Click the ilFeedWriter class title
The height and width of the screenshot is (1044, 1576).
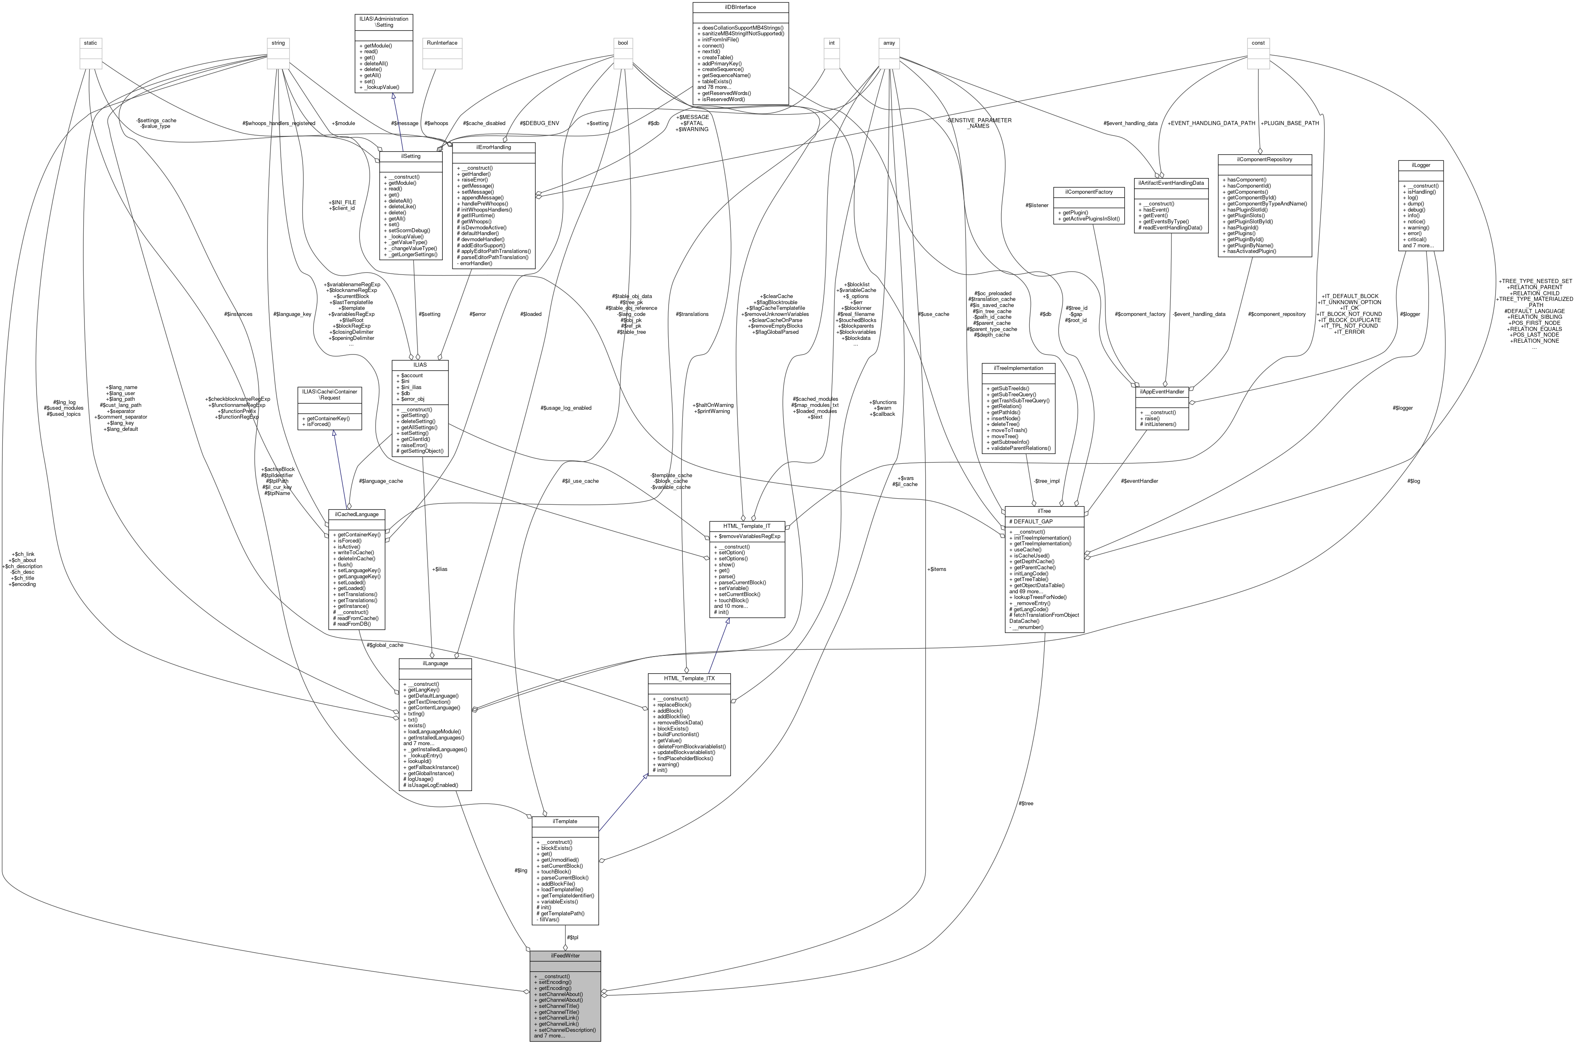tap(565, 955)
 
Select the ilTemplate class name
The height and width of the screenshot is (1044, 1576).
tap(565, 821)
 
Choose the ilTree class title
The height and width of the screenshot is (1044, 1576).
tap(1044, 511)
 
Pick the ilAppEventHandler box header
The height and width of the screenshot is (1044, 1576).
tap(1161, 391)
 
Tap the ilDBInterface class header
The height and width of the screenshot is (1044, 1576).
tap(740, 6)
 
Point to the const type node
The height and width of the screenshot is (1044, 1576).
tap(1258, 43)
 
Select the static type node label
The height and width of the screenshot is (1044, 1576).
tap(91, 43)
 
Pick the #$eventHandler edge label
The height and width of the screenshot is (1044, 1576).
tap(1140, 481)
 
